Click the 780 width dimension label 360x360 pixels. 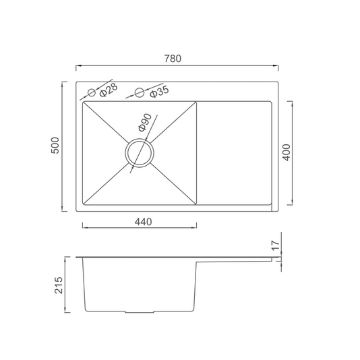click(x=173, y=59)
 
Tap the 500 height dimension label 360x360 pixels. click(x=55, y=146)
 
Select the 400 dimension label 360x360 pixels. click(x=287, y=152)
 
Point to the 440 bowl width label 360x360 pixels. click(x=144, y=222)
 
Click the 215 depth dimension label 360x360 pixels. click(x=59, y=285)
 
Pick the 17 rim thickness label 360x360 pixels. click(x=276, y=245)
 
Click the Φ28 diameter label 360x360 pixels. click(x=109, y=90)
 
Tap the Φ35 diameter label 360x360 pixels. click(x=159, y=92)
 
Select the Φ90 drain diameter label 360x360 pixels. click(x=145, y=123)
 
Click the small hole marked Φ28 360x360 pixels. click(x=92, y=92)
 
